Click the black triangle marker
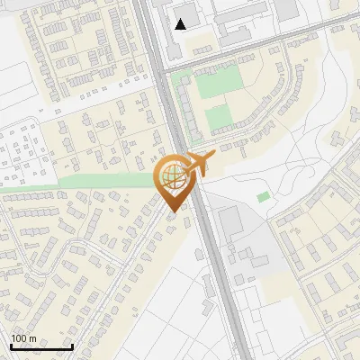(182, 24)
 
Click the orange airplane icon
(199, 164)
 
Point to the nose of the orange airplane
(215, 157)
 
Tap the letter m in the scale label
(32, 339)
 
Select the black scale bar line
(40, 347)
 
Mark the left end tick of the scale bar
(11, 346)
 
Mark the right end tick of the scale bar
(71, 346)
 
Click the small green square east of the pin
(263, 197)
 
